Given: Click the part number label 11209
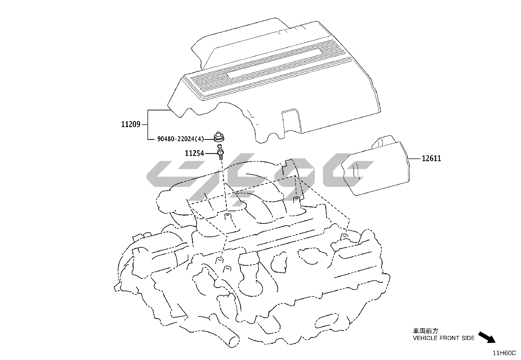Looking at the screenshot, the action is coord(131,124).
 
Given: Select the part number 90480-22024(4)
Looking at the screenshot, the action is coord(181,139).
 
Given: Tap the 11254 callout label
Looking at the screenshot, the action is coord(194,153).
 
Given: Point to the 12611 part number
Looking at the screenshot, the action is coord(431,159).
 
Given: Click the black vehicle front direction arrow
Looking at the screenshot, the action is coord(487,337).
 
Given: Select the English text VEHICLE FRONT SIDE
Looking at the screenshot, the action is coord(444,338).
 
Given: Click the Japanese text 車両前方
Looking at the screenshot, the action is coord(426,331).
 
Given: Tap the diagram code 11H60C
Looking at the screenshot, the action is coord(504,353).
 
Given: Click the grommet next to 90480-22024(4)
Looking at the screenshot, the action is coord(219,137).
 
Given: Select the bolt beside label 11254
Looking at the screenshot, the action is coord(220,152).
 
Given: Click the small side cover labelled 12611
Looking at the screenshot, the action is coord(376,166).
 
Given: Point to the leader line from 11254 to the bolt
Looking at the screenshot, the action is coord(211,153).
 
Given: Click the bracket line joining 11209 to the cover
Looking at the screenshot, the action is coord(148,124).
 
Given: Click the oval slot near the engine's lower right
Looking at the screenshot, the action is coord(327,321).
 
